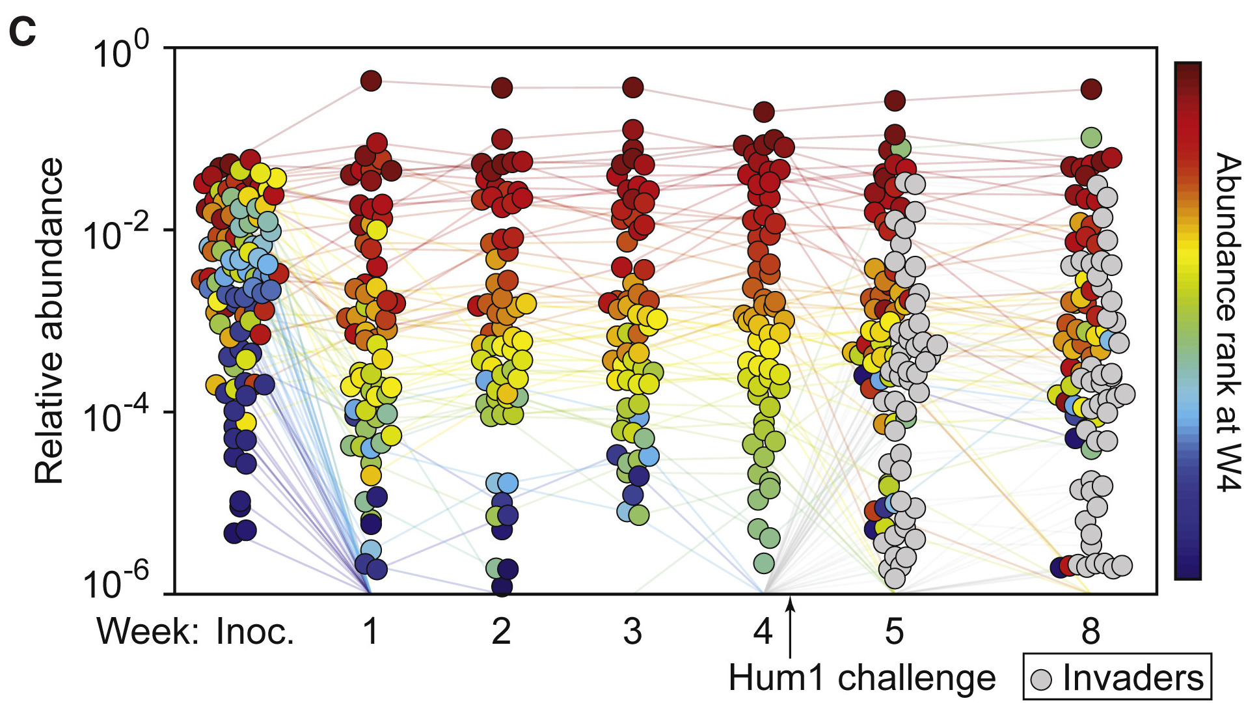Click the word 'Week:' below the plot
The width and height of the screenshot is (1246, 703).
[148, 631]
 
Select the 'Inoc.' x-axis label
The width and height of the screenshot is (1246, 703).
[255, 631]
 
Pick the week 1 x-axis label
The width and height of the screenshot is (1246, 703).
[370, 631]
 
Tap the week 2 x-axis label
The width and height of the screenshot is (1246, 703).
[502, 631]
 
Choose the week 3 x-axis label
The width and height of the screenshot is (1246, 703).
[632, 631]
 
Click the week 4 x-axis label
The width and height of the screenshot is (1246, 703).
[763, 631]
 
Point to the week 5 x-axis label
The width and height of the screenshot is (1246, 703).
[895, 631]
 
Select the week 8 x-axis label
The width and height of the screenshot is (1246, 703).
[1091, 631]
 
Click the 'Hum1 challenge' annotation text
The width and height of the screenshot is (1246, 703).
[862, 678]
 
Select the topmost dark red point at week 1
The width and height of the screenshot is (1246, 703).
[370, 81]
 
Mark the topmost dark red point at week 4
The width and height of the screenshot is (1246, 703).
[764, 112]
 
